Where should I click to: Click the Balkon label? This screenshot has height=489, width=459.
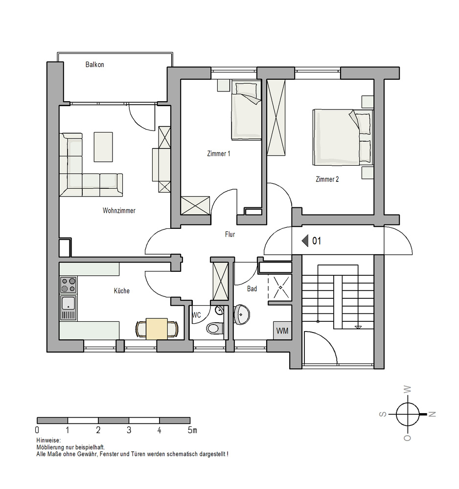pos(94,65)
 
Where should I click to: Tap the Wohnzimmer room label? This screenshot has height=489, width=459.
pos(119,210)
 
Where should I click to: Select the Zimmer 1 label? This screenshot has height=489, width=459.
pos(218,154)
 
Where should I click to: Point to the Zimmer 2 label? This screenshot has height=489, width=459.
pos(327,179)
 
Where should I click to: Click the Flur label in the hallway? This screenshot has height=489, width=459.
pos(230,234)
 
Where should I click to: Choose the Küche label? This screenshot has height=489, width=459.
pos(122,290)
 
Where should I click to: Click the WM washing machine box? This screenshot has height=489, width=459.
pos(282,331)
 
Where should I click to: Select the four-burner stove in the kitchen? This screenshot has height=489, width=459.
pos(68,285)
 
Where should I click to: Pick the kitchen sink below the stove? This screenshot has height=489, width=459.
pos(68,308)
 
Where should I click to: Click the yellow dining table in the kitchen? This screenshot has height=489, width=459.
pos(157,329)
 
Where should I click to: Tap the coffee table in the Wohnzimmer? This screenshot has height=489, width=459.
pos(103,147)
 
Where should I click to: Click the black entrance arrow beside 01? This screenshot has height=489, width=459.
pos(305,241)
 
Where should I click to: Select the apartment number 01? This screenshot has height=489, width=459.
pos(317,241)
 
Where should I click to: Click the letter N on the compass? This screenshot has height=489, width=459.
pos(432,414)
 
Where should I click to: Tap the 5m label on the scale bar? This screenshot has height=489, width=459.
pos(192,430)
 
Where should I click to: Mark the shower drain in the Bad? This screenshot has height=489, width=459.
pos(280,287)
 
